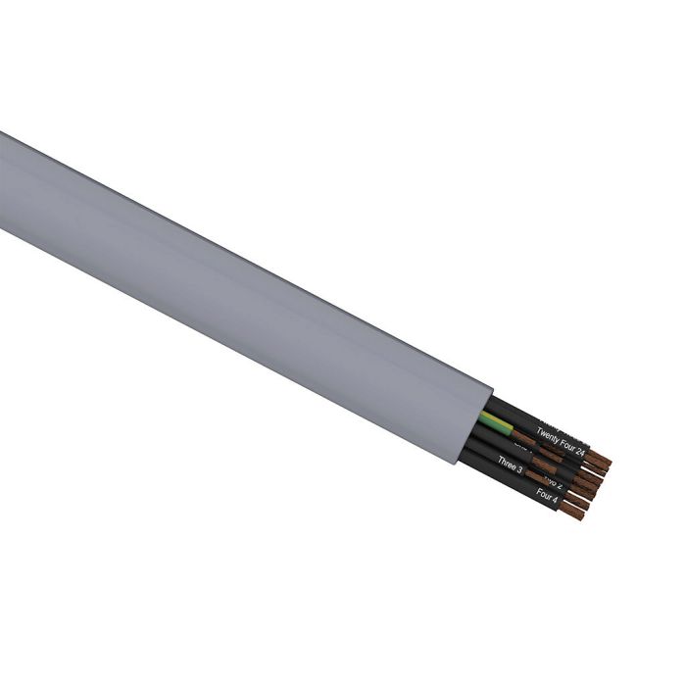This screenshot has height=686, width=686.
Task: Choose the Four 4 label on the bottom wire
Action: (x=547, y=495)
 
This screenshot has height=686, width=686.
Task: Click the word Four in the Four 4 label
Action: (x=543, y=493)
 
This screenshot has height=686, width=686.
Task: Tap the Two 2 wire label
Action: (x=553, y=482)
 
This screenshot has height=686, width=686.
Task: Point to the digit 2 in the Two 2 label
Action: (x=559, y=485)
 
